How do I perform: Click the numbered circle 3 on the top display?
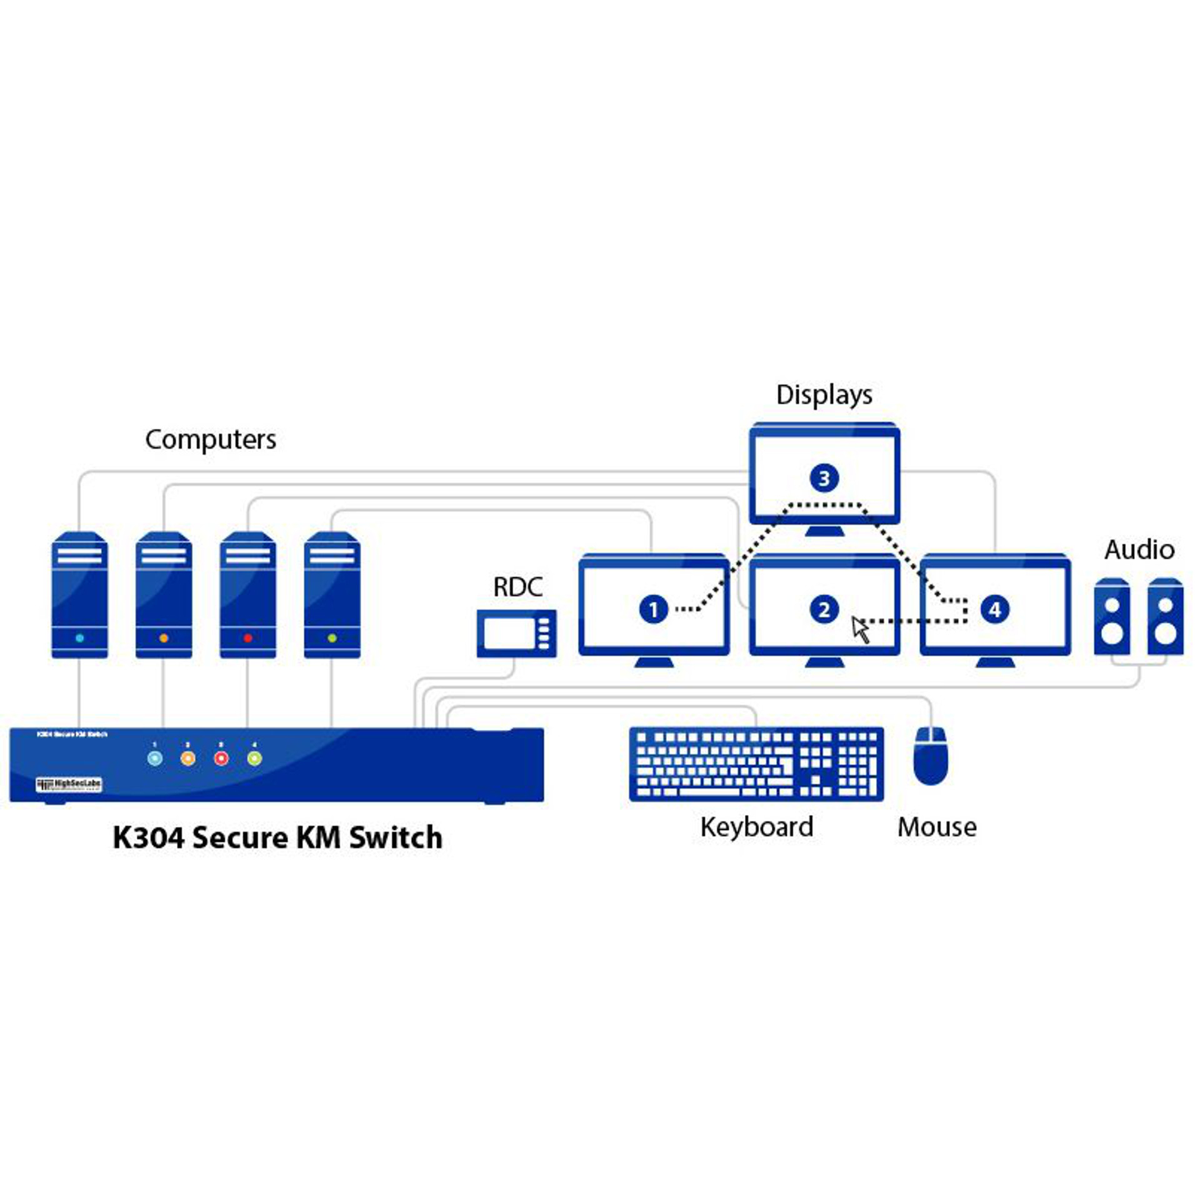[824, 478]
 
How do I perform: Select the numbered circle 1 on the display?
[653, 609]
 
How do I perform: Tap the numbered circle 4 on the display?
[994, 609]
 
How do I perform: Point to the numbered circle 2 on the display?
[824, 609]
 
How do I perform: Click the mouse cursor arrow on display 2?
[861, 628]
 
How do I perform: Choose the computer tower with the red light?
[247, 594]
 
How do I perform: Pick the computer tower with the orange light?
[164, 594]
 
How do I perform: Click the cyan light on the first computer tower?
[79, 638]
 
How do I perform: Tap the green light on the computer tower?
[332, 638]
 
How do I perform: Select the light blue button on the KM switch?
[154, 759]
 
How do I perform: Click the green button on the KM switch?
[254, 759]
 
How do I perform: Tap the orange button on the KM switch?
[187, 759]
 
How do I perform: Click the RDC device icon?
[516, 633]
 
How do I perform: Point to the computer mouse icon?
[931, 756]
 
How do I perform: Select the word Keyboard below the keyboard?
[756, 827]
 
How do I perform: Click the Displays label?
[824, 395]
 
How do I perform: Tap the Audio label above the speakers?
[1139, 550]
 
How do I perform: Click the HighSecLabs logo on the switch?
[69, 784]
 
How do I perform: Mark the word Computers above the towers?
[211, 439]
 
